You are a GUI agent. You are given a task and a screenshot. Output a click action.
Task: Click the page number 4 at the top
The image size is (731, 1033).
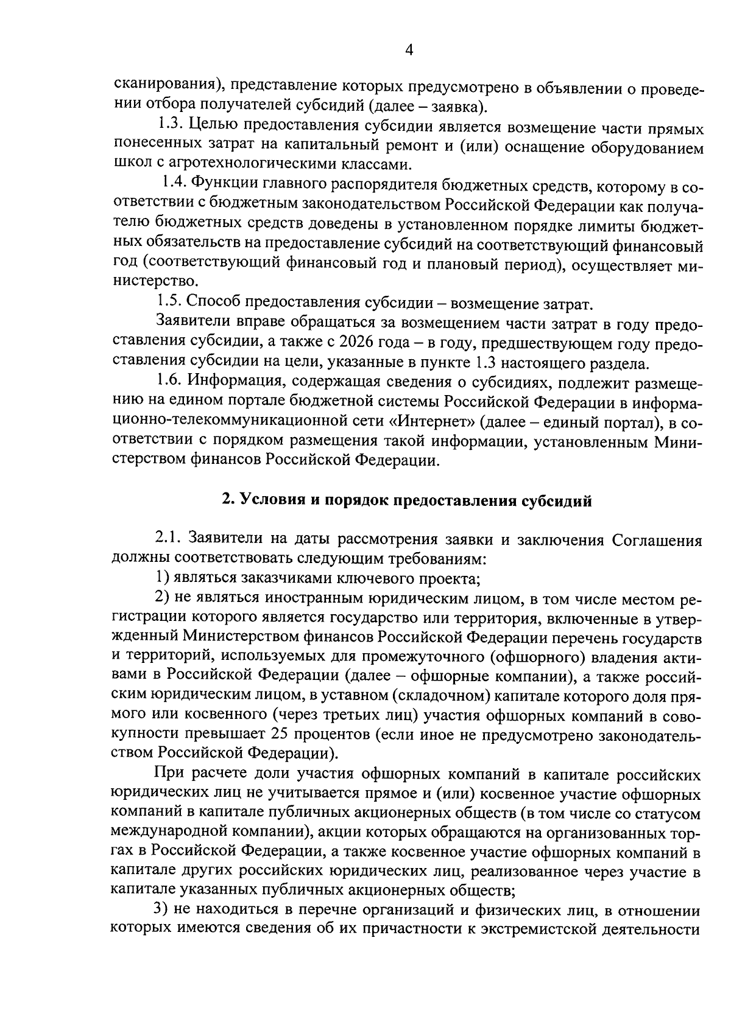click(x=409, y=51)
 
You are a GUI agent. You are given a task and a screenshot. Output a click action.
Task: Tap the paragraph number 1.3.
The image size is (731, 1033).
click(x=170, y=128)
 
